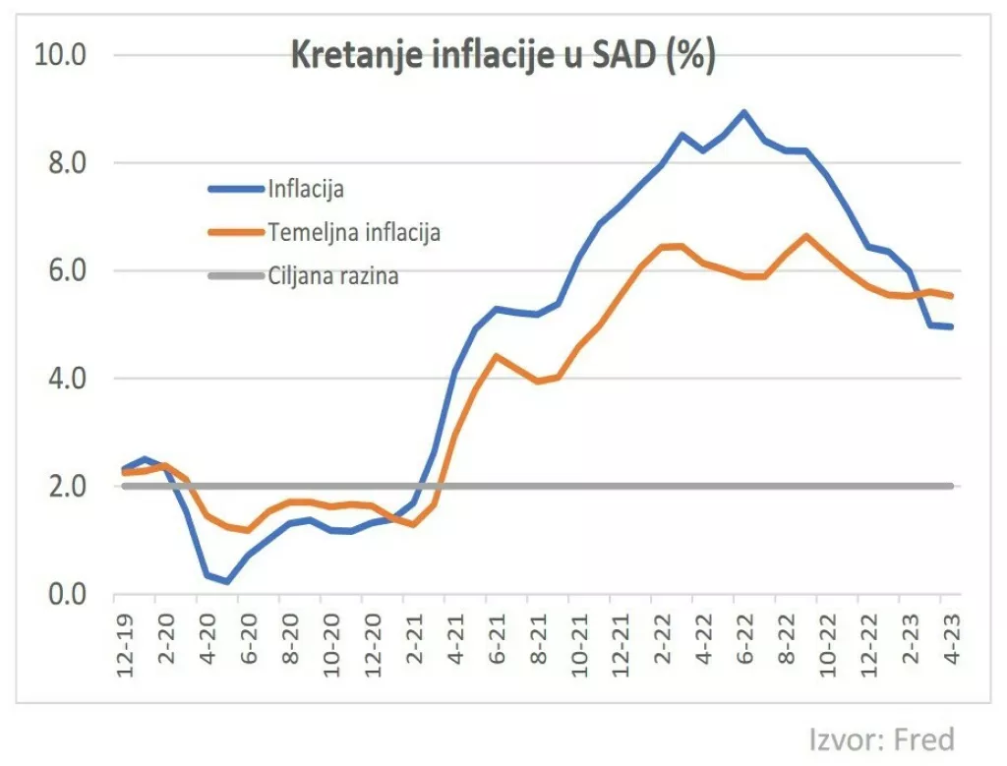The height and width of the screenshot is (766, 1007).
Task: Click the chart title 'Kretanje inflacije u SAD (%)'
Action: pyautogui.click(x=503, y=57)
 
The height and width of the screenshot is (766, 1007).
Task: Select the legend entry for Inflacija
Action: pyautogui.click(x=305, y=188)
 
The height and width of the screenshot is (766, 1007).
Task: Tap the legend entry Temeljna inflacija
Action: pyautogui.click(x=353, y=232)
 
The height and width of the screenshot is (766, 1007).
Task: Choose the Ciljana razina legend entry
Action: pyautogui.click(x=332, y=276)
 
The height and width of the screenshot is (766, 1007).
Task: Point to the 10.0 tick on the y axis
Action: pyautogui.click(x=61, y=54)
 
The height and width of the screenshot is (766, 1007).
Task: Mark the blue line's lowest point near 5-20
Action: pyautogui.click(x=228, y=582)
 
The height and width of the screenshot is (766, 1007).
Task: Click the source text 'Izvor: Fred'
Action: pyautogui.click(x=881, y=738)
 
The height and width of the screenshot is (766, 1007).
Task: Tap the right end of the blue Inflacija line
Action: pyautogui.click(x=951, y=326)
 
